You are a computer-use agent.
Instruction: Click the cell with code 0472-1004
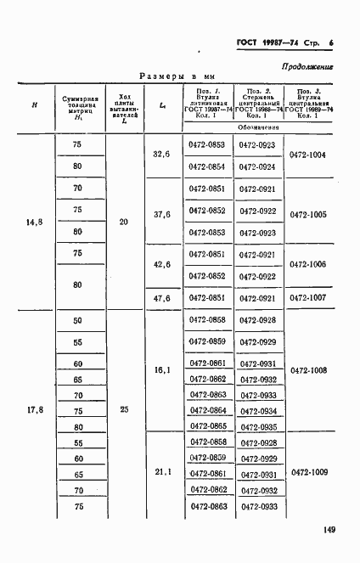(x=308, y=155)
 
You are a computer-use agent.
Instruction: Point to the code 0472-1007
(x=308, y=297)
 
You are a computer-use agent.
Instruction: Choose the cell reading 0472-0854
(x=207, y=166)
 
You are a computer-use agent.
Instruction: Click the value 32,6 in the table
(x=161, y=155)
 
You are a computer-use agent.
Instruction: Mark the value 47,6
(x=161, y=297)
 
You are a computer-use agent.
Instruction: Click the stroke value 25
(x=124, y=410)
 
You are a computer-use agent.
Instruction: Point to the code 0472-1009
(x=308, y=471)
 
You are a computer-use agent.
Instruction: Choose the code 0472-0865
(x=207, y=425)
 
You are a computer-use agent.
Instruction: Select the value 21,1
(x=161, y=471)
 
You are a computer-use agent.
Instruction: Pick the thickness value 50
(x=78, y=319)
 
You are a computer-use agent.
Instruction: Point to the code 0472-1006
(x=308, y=264)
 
